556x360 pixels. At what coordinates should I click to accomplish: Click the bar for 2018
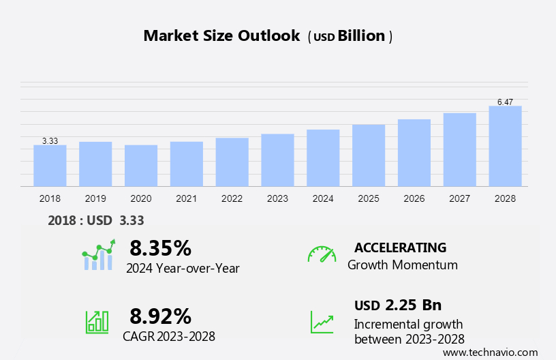pos(50,166)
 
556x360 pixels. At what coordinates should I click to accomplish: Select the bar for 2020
pos(141,166)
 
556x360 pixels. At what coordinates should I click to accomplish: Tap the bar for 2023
pos(277,160)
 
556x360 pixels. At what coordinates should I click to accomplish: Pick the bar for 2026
pos(414,153)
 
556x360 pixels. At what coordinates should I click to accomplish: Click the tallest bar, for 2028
pos(505,146)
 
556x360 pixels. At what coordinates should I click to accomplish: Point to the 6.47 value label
pos(505,102)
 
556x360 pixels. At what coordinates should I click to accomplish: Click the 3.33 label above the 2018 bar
pos(50,141)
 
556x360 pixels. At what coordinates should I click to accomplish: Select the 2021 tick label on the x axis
pos(186,199)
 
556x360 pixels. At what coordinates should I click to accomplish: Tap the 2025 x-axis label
pos(369,199)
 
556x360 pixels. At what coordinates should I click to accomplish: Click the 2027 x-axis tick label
pos(460,199)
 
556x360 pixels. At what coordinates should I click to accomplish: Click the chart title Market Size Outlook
pos(221,36)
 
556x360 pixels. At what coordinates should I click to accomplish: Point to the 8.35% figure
pos(160,247)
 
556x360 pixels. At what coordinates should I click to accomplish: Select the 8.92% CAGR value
pos(160,316)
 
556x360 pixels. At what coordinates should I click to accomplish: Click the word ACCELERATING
pos(400,247)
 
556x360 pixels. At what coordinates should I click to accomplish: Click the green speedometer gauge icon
pos(322,254)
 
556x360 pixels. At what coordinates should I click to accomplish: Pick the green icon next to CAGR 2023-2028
pos(97,321)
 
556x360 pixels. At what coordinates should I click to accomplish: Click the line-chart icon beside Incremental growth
pos(322,321)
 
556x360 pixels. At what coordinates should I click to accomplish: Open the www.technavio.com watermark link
pos(490,352)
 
